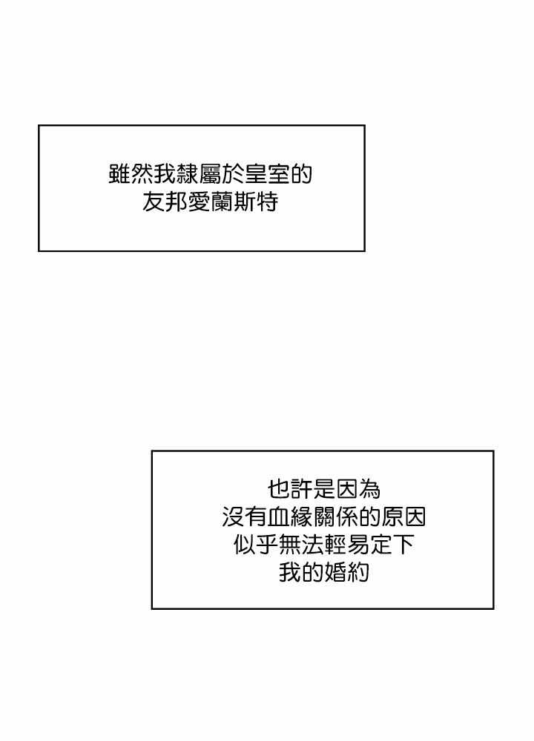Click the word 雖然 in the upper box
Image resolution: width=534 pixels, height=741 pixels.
pos(131,175)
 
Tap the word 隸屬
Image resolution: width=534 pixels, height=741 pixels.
pos(200,175)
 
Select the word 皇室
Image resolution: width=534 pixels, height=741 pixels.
pos(267,175)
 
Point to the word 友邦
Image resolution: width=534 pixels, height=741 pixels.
pos(165,203)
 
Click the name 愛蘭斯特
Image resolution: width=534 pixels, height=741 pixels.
pos(233,203)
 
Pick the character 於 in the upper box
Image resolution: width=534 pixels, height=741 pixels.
pos(234,175)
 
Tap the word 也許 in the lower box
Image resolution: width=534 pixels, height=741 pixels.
pos(290,490)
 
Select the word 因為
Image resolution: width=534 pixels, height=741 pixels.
pos(358,490)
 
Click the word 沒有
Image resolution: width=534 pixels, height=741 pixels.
pos(245,517)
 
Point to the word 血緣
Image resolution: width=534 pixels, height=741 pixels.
pos(290,517)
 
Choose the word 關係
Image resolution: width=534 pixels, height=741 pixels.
pos(335,517)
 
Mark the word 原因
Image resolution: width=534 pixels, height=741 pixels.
pos(403,517)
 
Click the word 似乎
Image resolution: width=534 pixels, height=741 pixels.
pos(256,545)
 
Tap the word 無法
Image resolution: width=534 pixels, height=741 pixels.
pos(301,545)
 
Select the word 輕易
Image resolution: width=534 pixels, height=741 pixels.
pos(346,545)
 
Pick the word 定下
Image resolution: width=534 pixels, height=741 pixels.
pos(392,545)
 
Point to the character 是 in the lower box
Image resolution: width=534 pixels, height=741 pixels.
pos(324,490)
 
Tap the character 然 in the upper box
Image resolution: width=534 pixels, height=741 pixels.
pos(142,175)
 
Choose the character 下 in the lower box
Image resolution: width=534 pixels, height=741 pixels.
pos(403,545)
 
